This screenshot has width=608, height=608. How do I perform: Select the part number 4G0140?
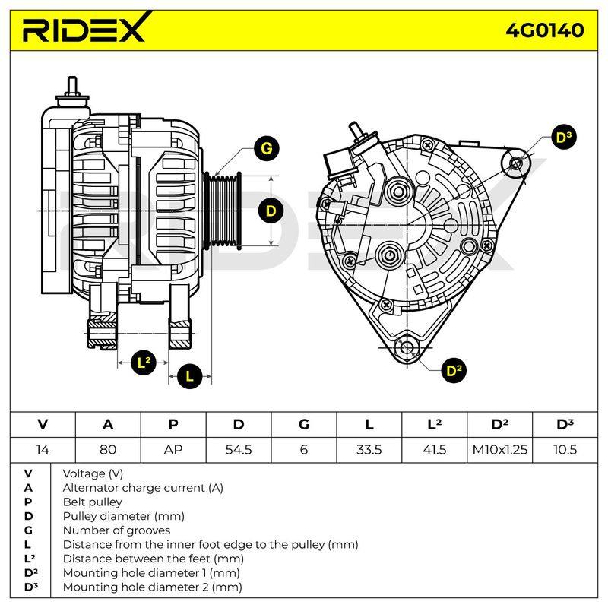tap(544, 30)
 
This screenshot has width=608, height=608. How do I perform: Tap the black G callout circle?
tap(267, 148)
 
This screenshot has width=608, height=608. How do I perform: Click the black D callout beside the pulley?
tap(271, 211)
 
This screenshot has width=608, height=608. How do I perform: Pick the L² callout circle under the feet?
tap(144, 363)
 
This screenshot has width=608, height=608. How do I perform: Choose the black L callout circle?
tap(189, 376)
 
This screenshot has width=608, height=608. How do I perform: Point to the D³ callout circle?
tap(563, 138)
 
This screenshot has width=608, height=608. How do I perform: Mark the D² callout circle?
tap(454, 371)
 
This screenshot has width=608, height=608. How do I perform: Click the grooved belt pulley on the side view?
tap(223, 211)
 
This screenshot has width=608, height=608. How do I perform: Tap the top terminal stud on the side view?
tap(72, 85)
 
